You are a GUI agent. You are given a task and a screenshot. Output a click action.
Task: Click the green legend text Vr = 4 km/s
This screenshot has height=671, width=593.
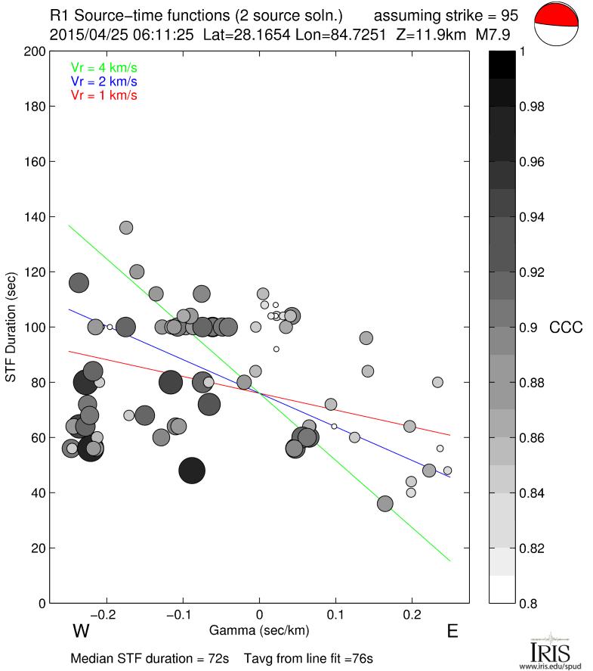pos(104,67)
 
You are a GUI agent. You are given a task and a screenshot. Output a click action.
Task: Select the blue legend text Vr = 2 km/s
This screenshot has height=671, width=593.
pos(104,81)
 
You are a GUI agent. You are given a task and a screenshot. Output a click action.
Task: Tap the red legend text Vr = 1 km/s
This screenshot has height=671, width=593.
pos(104,95)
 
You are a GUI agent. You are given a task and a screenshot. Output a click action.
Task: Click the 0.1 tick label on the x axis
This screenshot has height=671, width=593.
pos(335,613)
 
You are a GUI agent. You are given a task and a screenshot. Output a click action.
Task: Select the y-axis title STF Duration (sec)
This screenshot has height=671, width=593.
pos(12,327)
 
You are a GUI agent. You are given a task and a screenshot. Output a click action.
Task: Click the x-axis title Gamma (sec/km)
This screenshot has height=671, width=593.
pos(258,630)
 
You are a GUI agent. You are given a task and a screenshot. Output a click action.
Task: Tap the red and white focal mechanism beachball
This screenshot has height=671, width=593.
pos(558,25)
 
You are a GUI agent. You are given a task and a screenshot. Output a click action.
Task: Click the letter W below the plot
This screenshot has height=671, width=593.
pos(82,632)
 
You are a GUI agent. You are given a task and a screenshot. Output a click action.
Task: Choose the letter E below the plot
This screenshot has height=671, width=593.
pos(452,632)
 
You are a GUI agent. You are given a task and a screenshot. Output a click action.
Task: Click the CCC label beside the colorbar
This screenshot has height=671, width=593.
pos(566,328)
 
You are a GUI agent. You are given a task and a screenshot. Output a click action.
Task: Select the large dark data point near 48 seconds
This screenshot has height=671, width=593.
pos(192,471)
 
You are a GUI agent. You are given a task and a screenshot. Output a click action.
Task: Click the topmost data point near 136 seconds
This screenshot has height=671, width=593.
pos(126,228)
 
